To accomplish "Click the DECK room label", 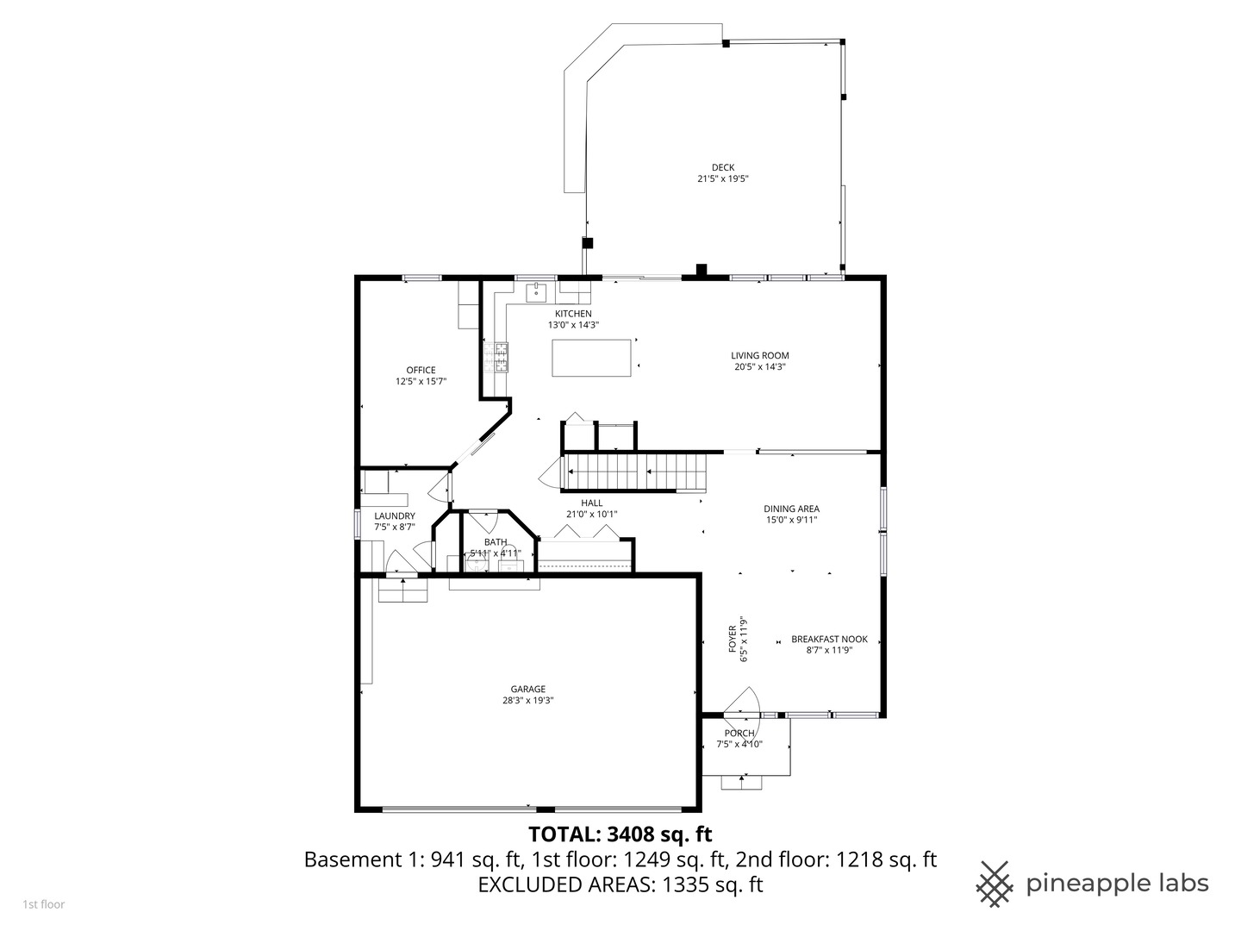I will click(723, 168).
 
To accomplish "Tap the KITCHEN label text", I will click(573, 314).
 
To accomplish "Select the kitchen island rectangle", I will click(591, 358).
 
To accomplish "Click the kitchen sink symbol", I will click(536, 292).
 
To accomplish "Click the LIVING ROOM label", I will click(759, 355).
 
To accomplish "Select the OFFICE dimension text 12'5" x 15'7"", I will click(421, 381).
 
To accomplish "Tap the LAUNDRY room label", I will click(394, 516).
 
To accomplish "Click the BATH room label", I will click(495, 542).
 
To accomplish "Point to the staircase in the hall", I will click(633, 472).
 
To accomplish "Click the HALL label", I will click(591, 503).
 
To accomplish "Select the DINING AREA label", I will click(791, 509).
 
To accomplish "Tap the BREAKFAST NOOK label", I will click(829, 640).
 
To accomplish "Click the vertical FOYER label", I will click(733, 640).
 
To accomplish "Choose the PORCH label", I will click(739, 734).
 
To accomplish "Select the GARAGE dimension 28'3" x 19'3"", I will click(527, 701).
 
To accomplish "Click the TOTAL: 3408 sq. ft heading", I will click(620, 834).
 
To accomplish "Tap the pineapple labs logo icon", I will click(995, 884).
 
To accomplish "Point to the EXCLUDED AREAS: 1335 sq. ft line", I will click(620, 884).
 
